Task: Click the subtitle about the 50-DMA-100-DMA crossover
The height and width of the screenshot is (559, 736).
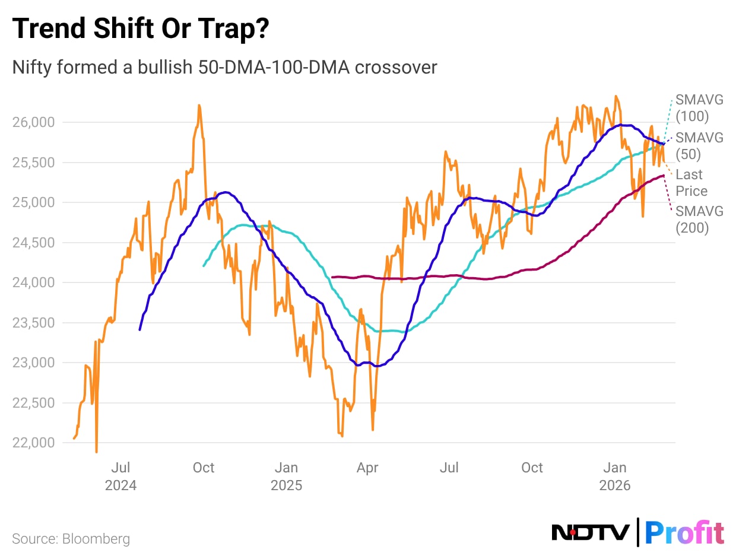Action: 224,67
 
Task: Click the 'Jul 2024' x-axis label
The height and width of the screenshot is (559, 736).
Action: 120,477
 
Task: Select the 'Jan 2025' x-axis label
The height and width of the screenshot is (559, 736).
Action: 286,477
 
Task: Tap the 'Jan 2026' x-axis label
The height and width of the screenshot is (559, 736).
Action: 615,477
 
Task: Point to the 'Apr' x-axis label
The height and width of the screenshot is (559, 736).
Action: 367,468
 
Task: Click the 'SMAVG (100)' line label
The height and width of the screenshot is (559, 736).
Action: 699,108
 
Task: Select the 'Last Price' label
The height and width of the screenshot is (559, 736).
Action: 691,183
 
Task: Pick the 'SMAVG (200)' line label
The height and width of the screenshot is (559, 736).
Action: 699,219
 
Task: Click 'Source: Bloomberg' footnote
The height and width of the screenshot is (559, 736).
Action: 71,539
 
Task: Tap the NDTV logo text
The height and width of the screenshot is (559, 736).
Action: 591,532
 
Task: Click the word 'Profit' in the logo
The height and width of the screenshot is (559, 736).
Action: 684,532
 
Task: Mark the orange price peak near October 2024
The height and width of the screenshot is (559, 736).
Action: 199,106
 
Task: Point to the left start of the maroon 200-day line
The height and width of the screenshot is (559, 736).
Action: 332,277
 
